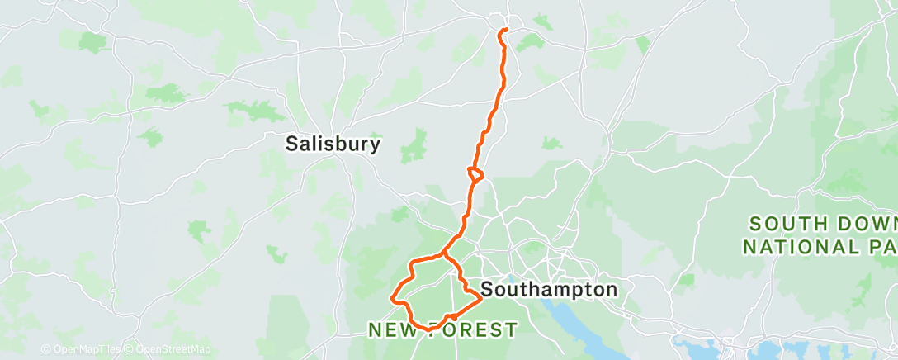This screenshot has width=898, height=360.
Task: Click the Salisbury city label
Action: (333, 144)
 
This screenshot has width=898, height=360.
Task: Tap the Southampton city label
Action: (548, 290)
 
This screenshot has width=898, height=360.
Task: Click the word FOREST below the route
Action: (476, 330)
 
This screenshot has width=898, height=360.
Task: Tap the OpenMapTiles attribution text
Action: (83, 350)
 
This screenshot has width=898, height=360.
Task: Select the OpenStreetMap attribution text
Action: (173, 350)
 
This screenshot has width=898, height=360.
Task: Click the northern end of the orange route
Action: (503, 31)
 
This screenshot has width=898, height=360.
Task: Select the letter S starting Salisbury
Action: (291, 144)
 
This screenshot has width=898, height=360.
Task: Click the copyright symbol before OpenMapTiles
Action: (45, 350)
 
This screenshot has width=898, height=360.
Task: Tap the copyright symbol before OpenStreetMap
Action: (128, 350)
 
